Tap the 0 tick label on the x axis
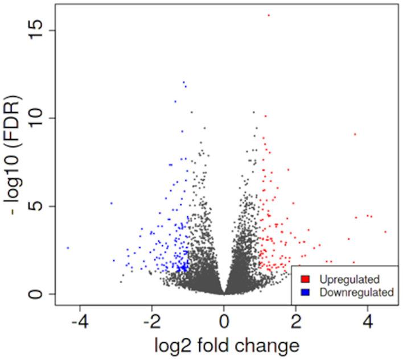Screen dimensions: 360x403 (224, 320)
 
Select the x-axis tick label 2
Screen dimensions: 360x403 (296, 320)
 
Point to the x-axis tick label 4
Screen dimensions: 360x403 (368, 320)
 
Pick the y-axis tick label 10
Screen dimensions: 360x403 (35, 118)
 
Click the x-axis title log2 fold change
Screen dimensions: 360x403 (224, 345)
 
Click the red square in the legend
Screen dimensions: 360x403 (306, 279)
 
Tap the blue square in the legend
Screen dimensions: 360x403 (306, 292)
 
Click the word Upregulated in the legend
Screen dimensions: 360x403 (349, 279)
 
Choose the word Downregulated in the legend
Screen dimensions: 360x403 (356, 292)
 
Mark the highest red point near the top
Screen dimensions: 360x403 (269, 15)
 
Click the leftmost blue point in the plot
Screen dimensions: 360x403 (68, 248)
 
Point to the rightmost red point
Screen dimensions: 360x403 (385, 231)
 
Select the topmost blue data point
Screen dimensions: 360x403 (183, 82)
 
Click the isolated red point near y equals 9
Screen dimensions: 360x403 (355, 134)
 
